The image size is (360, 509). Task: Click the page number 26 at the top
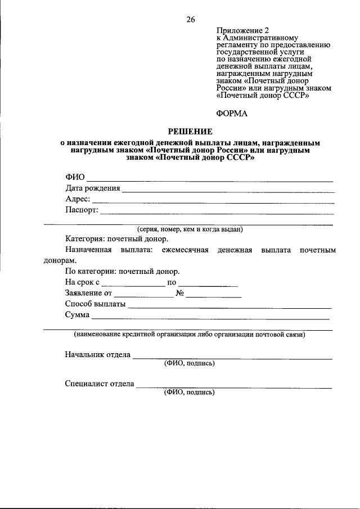190,20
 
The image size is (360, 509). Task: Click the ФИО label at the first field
75,178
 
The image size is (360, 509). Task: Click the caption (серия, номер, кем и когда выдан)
190,229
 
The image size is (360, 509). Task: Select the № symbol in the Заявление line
180,293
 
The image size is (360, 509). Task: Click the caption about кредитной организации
190,335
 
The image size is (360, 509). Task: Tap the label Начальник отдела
97,355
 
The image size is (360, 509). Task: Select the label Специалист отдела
99,384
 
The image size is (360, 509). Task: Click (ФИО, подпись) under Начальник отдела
189,363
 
